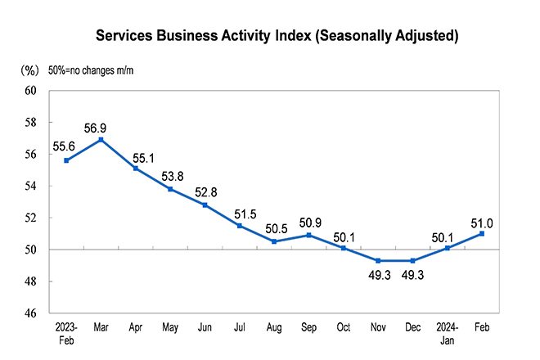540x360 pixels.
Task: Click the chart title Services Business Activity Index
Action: [277, 36]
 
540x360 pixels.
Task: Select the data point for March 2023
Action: [101, 139]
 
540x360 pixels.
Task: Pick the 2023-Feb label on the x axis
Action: [65, 333]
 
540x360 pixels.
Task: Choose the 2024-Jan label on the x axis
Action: [447, 333]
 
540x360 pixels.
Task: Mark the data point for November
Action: [378, 260]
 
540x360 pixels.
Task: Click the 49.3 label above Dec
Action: [412, 275]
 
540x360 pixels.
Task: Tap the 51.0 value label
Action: [482, 222]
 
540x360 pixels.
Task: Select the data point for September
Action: [308, 235]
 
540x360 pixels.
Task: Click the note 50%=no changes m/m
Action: [90, 70]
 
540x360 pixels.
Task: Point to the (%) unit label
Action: [30, 70]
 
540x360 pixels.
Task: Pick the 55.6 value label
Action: [66, 146]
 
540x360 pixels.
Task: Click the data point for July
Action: [239, 226]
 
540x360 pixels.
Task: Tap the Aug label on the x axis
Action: [274, 327]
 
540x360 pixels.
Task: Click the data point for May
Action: [170, 189]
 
